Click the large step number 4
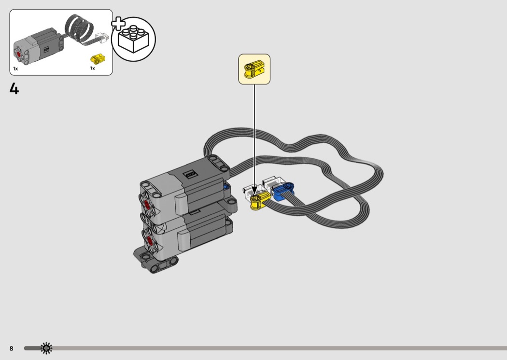coord(14,88)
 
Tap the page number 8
coord(11,348)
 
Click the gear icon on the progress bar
coord(46,348)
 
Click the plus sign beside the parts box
coord(118,24)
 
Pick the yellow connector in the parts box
coord(97,58)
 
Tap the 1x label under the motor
coord(15,69)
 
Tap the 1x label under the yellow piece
coord(93,68)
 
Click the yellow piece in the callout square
coord(254,69)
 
